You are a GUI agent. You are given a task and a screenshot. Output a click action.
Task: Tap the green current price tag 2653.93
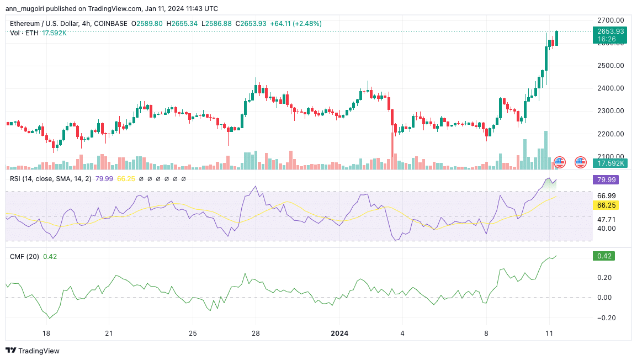click(610, 31)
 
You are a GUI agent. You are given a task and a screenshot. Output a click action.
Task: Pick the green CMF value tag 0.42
click(603, 256)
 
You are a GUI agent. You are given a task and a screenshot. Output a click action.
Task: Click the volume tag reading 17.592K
click(610, 163)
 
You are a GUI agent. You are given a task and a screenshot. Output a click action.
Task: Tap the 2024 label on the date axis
click(339, 333)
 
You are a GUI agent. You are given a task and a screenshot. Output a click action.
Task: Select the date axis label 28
click(256, 333)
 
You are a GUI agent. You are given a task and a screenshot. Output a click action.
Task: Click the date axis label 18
click(46, 333)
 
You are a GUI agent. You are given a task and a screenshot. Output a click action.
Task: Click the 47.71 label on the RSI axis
click(606, 219)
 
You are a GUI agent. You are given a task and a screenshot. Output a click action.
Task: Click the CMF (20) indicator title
click(25, 256)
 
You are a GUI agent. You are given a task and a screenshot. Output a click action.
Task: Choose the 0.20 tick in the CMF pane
click(605, 277)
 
